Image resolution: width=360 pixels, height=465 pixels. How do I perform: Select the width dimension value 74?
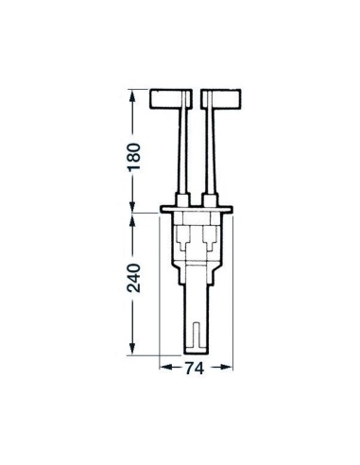[x=195, y=370]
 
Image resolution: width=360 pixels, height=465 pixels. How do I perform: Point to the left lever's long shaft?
[x=189, y=151]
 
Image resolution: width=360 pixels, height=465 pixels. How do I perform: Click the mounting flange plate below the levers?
[x=197, y=209]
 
